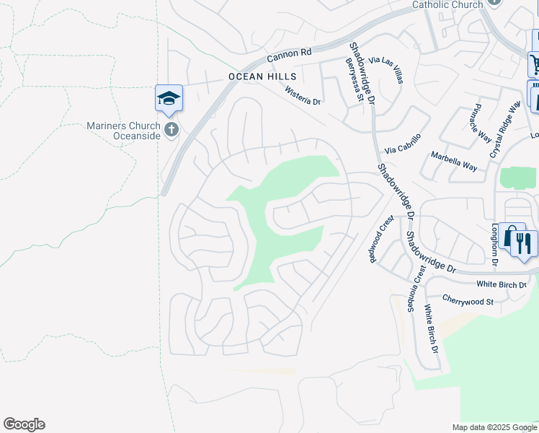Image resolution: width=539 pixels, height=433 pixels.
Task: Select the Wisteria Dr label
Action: coord(302,96)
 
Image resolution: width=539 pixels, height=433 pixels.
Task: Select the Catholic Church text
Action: coord(447,5)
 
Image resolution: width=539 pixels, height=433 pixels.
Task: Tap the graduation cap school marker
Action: coord(169,98)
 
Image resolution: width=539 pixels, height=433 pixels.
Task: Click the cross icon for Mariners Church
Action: coord(171,130)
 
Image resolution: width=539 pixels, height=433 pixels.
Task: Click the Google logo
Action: coord(24,424)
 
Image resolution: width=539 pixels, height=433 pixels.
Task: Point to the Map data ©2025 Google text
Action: coord(494,427)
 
